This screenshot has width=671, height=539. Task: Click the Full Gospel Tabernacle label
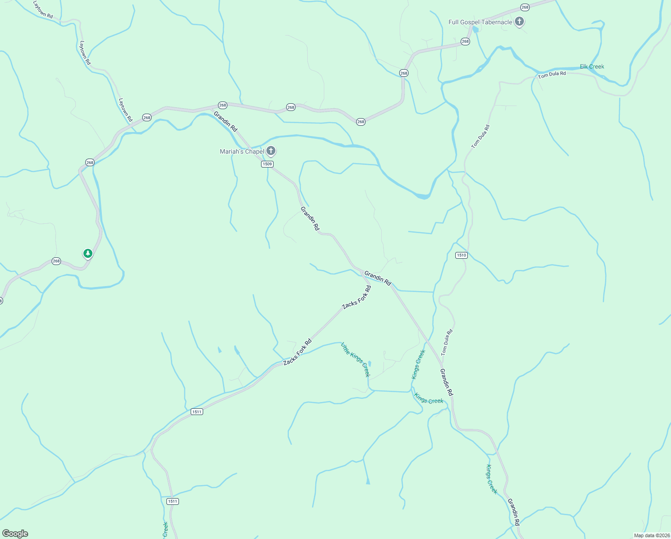click(x=480, y=22)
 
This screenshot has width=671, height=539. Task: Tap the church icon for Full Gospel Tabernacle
click(x=519, y=22)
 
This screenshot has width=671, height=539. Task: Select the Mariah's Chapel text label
click(x=242, y=151)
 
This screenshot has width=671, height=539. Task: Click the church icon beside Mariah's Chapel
click(x=270, y=151)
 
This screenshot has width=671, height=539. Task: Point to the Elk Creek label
click(x=592, y=66)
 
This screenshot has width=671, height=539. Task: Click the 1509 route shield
click(x=267, y=164)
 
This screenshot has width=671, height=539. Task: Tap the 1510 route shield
click(x=461, y=255)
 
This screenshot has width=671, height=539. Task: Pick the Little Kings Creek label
click(x=355, y=359)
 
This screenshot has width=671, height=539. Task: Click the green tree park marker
click(x=88, y=254)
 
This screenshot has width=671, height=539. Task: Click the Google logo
click(x=15, y=534)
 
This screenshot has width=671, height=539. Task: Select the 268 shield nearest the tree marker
click(x=56, y=261)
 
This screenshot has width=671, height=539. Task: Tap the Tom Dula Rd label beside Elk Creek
click(x=552, y=75)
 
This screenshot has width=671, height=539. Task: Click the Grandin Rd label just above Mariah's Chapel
click(x=225, y=121)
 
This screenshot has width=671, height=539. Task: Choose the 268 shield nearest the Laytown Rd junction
click(x=147, y=118)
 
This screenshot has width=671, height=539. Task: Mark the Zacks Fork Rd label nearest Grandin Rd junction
click(x=357, y=297)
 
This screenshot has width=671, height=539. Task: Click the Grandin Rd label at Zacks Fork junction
click(x=378, y=278)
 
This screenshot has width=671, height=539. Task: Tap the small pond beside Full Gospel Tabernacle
click(x=475, y=30)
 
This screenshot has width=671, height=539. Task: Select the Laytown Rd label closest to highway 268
click(x=125, y=110)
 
